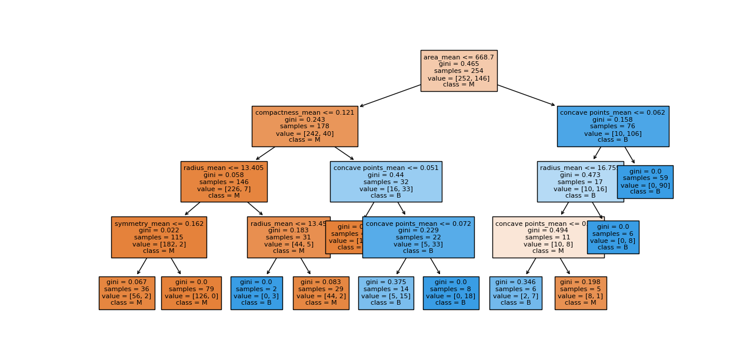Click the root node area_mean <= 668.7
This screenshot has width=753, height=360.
(x=458, y=71)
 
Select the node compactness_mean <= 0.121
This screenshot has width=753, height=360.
(x=304, y=126)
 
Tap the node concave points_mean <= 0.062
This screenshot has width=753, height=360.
(x=612, y=126)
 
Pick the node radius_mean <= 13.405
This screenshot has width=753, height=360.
(x=224, y=181)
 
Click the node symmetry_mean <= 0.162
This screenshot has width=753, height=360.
(x=159, y=237)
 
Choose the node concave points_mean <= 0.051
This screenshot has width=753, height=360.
(x=385, y=181)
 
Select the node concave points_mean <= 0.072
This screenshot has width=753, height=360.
(x=418, y=237)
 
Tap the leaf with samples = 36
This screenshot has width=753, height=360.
(x=126, y=292)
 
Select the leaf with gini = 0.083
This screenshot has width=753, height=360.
(x=321, y=292)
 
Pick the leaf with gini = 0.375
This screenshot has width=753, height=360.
(x=385, y=292)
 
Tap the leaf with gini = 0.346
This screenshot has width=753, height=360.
(x=515, y=292)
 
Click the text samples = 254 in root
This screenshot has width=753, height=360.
(x=458, y=71)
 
